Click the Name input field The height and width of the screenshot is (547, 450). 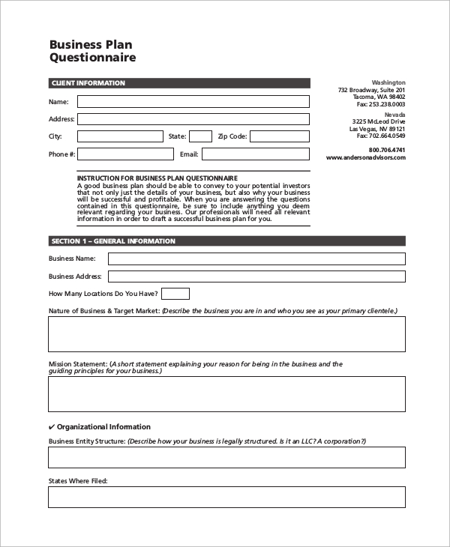pyautogui.click(x=193, y=102)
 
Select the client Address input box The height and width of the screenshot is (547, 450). pyautogui.click(x=193, y=119)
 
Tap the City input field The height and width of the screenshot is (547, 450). pyautogui.click(x=119, y=136)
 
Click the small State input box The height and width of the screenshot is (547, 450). pyautogui.click(x=200, y=136)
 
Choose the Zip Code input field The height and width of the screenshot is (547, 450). pyautogui.click(x=279, y=136)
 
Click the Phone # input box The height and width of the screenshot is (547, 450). pyautogui.click(x=124, y=154)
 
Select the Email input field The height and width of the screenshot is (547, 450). pyautogui.click(x=255, y=154)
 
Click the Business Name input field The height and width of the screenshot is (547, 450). pyautogui.click(x=256, y=259)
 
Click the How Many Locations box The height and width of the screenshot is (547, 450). pyautogui.click(x=175, y=294)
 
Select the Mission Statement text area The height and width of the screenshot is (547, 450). pyautogui.click(x=226, y=394)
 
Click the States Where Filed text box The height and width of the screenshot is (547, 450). pyautogui.click(x=226, y=497)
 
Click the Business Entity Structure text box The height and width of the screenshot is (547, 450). pyautogui.click(x=226, y=458)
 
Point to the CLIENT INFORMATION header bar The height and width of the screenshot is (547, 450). pyautogui.click(x=178, y=83)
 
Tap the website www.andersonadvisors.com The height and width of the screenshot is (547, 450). pyautogui.click(x=366, y=158)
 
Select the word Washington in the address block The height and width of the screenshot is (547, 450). pyautogui.click(x=388, y=82)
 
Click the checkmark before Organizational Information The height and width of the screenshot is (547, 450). pyautogui.click(x=52, y=427)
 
